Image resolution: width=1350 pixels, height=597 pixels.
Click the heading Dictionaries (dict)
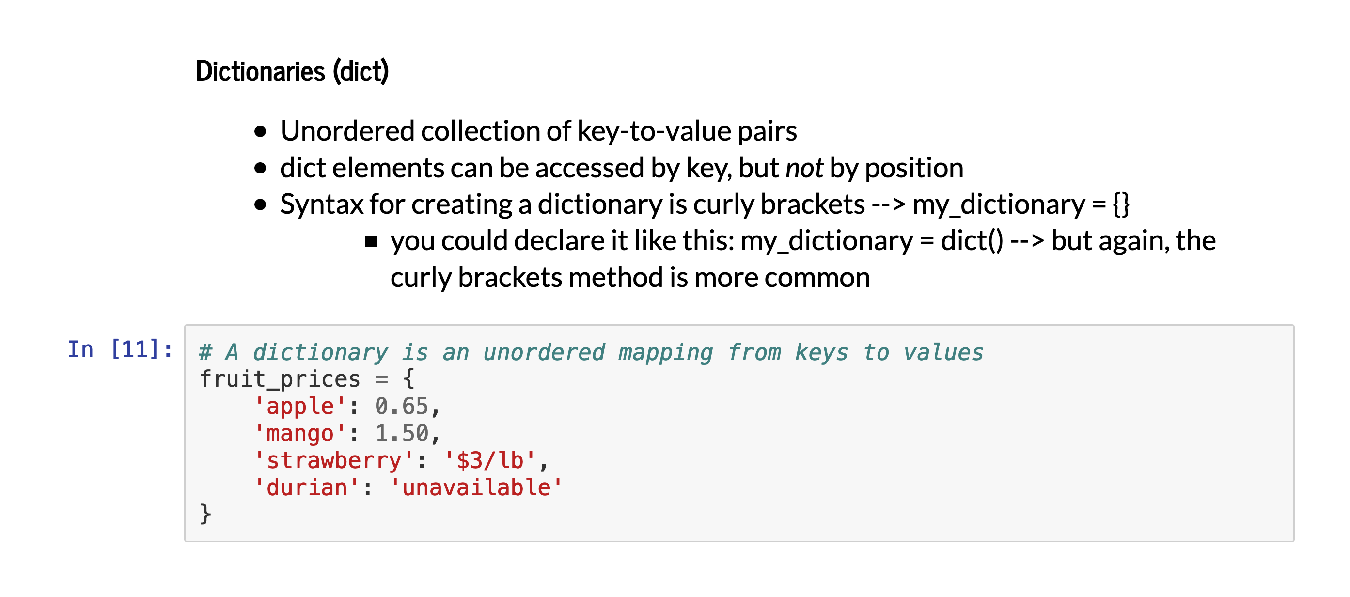pyautogui.click(x=292, y=72)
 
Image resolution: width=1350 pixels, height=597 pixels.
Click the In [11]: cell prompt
pyautogui.click(x=120, y=349)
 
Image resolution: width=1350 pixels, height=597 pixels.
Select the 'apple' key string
pyautogui.click(x=300, y=407)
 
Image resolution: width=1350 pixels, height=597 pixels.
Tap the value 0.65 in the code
pyautogui.click(x=401, y=407)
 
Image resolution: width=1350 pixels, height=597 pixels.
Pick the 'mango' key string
pyautogui.click(x=300, y=434)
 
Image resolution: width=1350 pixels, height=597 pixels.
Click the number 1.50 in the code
pyautogui.click(x=401, y=434)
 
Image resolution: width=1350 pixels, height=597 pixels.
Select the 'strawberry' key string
pyautogui.click(x=334, y=461)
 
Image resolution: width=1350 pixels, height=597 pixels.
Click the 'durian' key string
pyautogui.click(x=307, y=488)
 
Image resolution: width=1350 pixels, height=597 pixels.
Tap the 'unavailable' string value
pyautogui.click(x=476, y=488)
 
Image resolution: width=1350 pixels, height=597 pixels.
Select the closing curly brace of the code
pyautogui.click(x=205, y=515)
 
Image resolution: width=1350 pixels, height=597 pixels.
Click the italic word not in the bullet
pyautogui.click(x=804, y=169)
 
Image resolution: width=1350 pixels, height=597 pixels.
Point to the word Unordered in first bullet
pyautogui.click(x=347, y=131)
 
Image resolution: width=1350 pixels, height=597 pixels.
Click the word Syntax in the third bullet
pyautogui.click(x=321, y=204)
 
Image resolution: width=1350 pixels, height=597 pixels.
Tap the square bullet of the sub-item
pyautogui.click(x=371, y=241)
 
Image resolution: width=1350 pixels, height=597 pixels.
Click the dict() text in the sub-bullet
pyautogui.click(x=972, y=241)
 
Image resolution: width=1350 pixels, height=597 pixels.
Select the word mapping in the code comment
pyautogui.click(x=666, y=353)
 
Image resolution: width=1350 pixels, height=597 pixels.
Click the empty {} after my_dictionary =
pyautogui.click(x=1121, y=204)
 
